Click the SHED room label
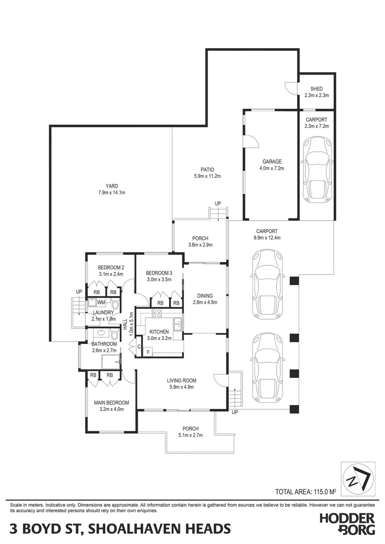click(x=316, y=89)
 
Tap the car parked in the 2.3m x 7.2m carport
click(x=316, y=169)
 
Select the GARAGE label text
click(x=272, y=162)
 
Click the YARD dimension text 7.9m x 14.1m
click(x=112, y=192)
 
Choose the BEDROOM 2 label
click(x=111, y=267)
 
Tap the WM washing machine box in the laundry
click(x=101, y=302)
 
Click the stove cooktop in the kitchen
click(x=157, y=312)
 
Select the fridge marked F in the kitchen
click(x=148, y=352)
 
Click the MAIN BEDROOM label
click(x=111, y=402)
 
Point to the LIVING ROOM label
click(x=181, y=380)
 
